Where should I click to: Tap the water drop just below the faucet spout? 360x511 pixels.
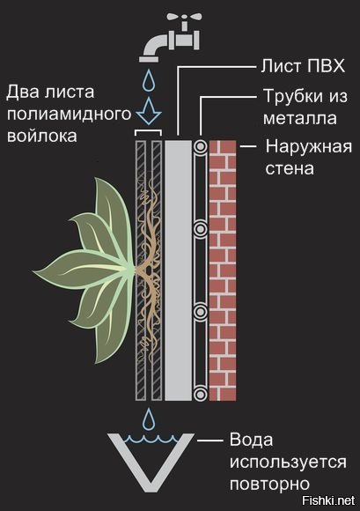[150, 79]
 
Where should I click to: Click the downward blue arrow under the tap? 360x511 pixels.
[149, 110]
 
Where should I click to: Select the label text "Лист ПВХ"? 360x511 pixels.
[303, 66]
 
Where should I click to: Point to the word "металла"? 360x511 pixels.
[300, 118]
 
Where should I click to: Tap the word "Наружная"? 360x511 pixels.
[309, 147]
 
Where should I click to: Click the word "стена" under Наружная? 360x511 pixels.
[290, 169]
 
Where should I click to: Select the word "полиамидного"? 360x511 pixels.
[69, 115]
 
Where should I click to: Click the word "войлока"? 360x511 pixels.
[42, 136]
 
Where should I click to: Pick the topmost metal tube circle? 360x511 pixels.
[201, 146]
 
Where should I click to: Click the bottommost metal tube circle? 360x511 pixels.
[201, 394]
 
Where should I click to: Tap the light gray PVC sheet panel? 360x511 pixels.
[179, 270]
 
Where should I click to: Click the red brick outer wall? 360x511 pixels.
[223, 270]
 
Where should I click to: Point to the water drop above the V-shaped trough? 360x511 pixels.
[149, 418]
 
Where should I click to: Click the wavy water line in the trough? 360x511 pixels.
[152, 439]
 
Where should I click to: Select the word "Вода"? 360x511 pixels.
[251, 440]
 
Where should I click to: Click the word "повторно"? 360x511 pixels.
[270, 485]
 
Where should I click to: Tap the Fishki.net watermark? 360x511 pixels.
[328, 500]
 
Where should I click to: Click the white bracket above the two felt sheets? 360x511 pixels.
[148, 131]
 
